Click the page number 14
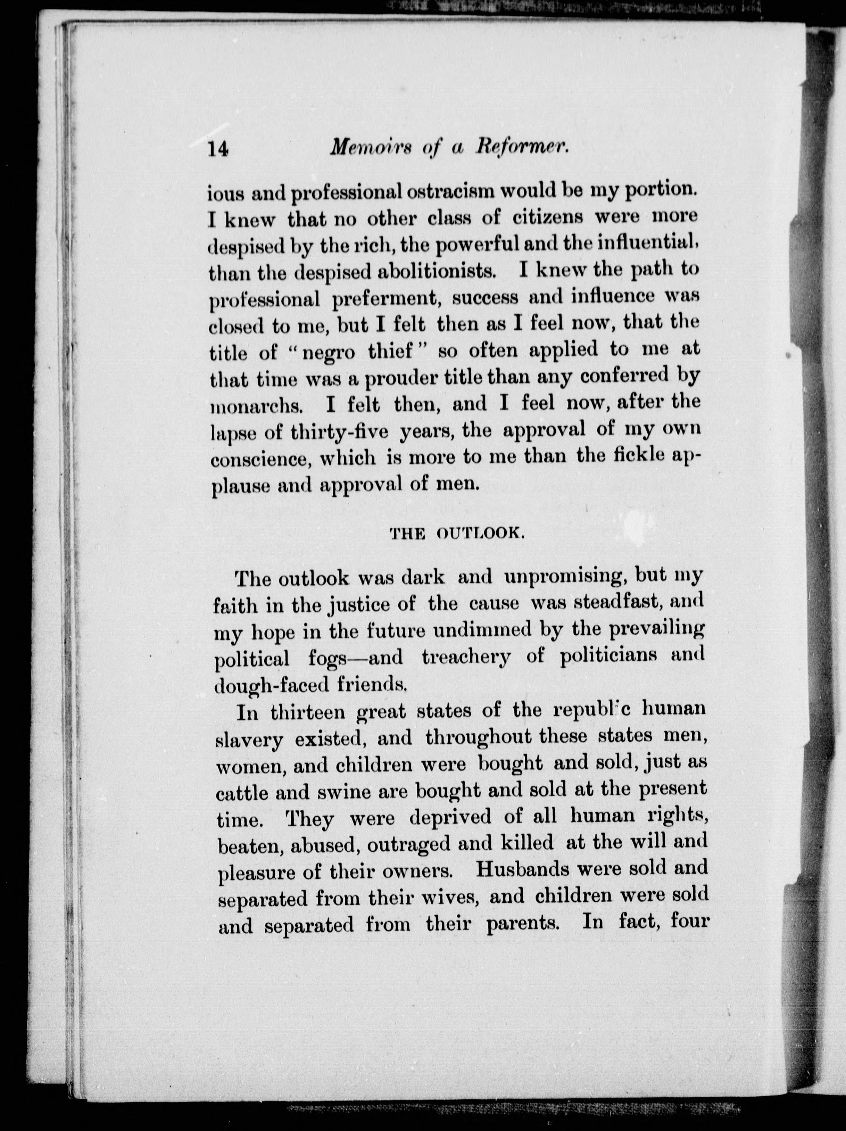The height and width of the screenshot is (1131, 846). [x=219, y=150]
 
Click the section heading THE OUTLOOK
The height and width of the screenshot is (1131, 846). [x=455, y=534]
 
